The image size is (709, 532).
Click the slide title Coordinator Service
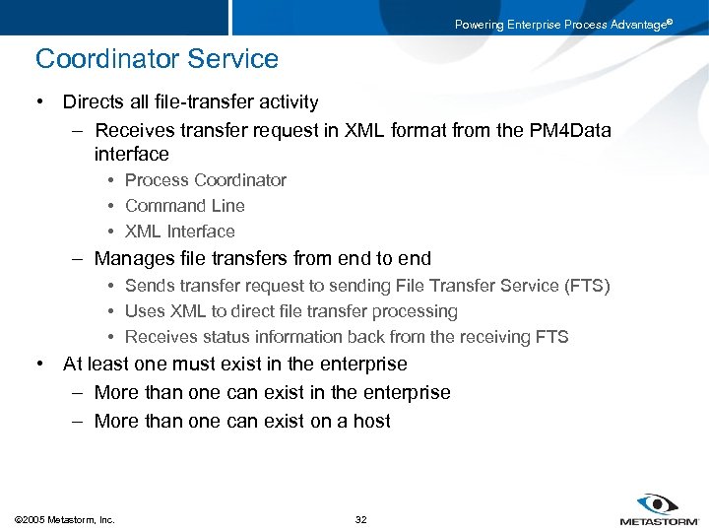tap(157, 59)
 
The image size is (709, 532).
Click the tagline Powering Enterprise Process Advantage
tap(562, 25)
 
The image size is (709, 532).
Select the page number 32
tap(360, 519)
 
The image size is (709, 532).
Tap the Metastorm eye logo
tap(656, 503)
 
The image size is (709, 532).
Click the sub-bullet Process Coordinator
tap(205, 180)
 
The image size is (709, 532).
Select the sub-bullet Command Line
tap(184, 206)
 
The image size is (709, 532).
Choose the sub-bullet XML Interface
tap(179, 232)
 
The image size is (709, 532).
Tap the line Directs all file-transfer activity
tap(190, 101)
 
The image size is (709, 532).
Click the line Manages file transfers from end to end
tap(262, 258)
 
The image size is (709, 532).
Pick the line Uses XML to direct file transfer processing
tap(290, 311)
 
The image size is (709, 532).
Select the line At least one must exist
tap(234, 364)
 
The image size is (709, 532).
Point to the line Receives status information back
tap(346, 337)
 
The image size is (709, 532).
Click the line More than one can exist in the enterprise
tap(272, 392)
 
